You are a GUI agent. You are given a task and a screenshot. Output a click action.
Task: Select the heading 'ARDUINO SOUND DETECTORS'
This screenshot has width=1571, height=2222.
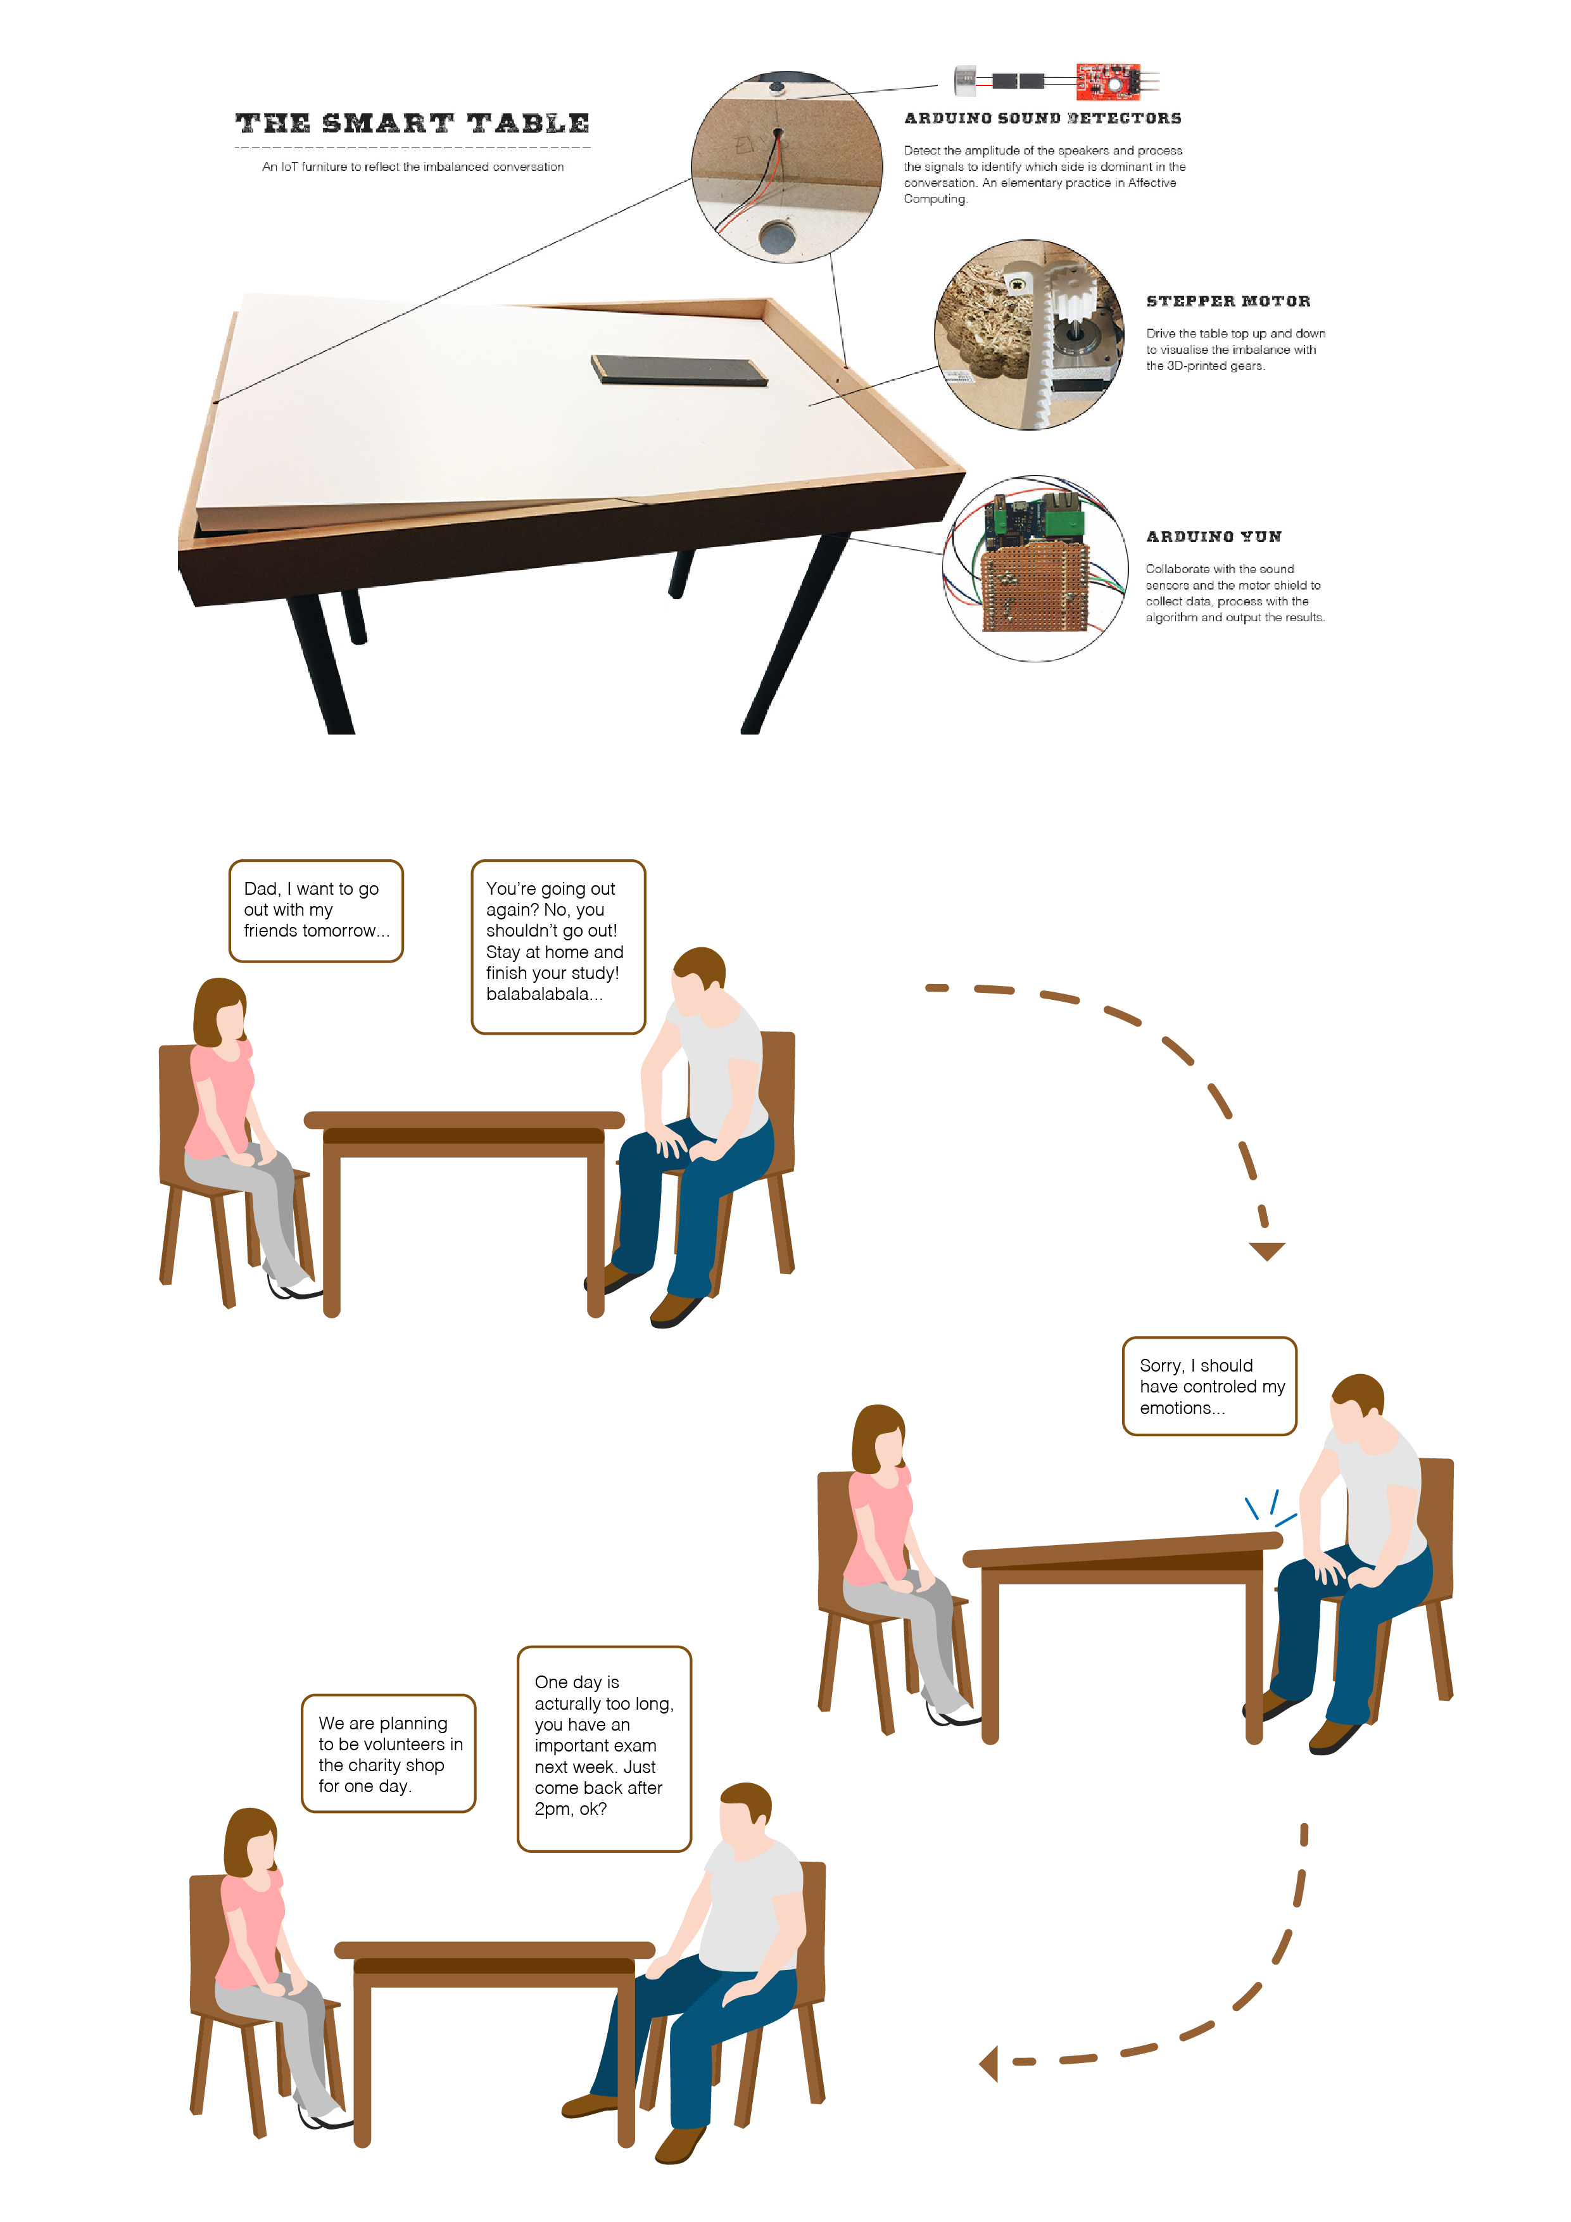pyautogui.click(x=1042, y=118)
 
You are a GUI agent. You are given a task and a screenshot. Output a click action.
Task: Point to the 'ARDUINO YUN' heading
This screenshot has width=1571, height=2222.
pyautogui.click(x=1214, y=536)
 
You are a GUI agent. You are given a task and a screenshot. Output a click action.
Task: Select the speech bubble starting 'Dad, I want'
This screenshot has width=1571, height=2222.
pyautogui.click(x=315, y=911)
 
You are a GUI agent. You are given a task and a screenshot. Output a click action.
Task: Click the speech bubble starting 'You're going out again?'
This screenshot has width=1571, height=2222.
pyautogui.click(x=558, y=947)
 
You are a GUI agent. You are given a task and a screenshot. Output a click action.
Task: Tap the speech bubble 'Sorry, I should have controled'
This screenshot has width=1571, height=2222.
pyautogui.click(x=1209, y=1386)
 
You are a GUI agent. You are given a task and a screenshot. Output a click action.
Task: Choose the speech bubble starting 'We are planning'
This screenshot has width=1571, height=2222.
pyautogui.click(x=388, y=1753)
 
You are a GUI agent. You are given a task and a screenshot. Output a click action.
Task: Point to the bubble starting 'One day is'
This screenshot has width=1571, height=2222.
pyautogui.click(x=604, y=1749)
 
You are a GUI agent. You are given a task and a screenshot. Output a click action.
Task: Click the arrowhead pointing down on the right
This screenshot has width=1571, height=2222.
pyautogui.click(x=1266, y=1251)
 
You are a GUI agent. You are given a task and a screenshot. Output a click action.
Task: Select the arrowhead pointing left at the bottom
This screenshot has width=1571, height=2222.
pyautogui.click(x=988, y=2063)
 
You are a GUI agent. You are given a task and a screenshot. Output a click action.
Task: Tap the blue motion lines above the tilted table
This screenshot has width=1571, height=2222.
pyautogui.click(x=1270, y=1508)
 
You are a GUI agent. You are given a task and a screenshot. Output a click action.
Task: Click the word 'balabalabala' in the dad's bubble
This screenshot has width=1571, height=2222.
pyautogui.click(x=544, y=994)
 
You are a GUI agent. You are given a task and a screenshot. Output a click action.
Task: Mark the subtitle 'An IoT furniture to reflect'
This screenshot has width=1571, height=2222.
pyautogui.click(x=412, y=167)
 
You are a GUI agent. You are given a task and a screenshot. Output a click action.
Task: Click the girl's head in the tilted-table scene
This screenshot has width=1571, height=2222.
pyautogui.click(x=880, y=1440)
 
